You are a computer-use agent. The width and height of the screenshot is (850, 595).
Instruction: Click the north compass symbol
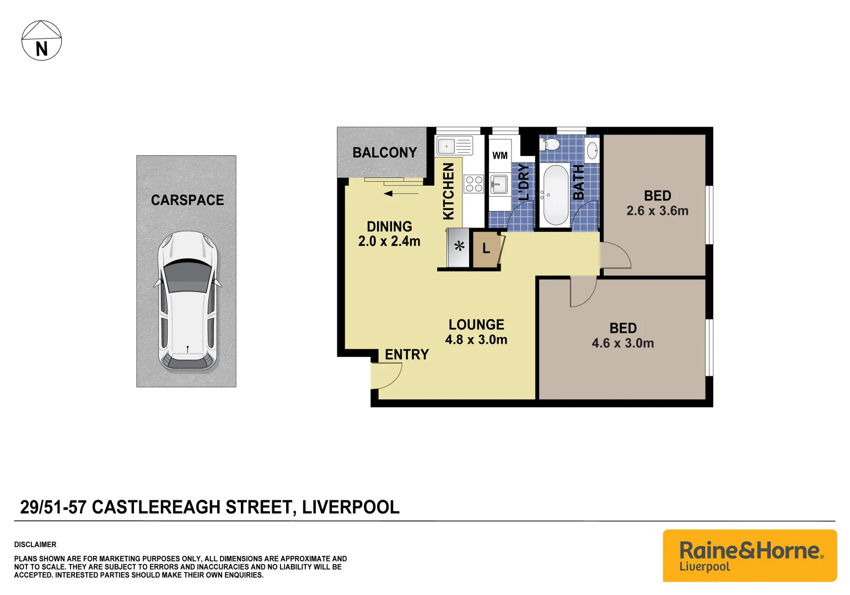(41, 41)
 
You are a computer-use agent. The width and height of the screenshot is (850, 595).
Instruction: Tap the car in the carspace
(187, 301)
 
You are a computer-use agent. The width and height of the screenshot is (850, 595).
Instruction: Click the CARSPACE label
(187, 200)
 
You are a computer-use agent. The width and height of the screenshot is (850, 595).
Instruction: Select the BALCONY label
(384, 153)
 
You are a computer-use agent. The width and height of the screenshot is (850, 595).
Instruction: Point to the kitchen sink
(454, 146)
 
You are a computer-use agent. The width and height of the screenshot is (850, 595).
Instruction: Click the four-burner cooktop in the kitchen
(474, 184)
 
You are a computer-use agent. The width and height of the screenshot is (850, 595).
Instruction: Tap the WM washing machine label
(500, 155)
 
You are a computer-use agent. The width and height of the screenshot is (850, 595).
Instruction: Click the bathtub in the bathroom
(555, 195)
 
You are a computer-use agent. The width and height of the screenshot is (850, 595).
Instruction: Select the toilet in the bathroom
(550, 144)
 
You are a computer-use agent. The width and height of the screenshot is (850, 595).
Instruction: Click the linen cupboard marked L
(486, 249)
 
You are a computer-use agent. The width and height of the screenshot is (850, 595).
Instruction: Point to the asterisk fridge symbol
(459, 247)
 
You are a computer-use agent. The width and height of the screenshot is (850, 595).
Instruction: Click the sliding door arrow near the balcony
(401, 193)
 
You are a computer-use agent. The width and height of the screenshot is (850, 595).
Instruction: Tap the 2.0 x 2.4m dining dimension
(389, 241)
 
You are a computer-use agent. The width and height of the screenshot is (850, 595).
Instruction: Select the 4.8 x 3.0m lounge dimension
(476, 340)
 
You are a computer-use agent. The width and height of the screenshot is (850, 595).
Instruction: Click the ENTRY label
(407, 354)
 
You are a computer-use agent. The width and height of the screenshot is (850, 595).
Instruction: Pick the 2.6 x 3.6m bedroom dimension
(657, 211)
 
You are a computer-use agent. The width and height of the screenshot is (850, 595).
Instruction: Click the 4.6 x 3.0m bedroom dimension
(623, 343)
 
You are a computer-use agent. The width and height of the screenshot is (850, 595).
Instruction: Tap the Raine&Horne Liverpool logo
(750, 555)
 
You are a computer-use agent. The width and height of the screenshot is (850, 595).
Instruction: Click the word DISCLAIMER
(35, 544)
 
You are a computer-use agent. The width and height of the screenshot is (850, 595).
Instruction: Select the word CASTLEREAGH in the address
(191, 507)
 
